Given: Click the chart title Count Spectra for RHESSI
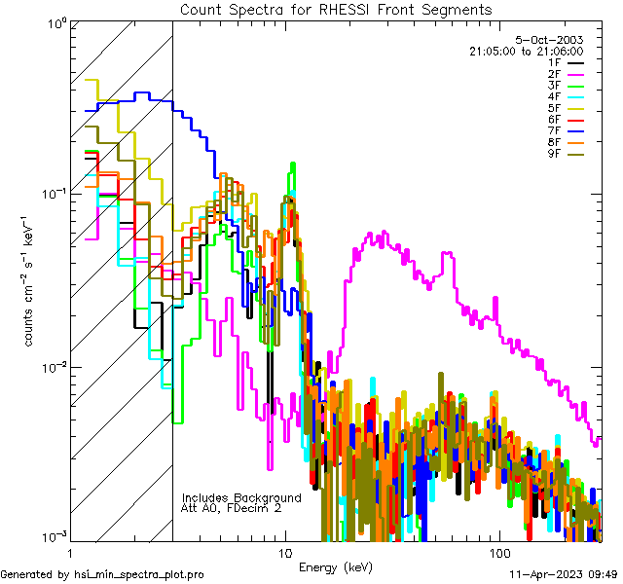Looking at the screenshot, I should [336, 9].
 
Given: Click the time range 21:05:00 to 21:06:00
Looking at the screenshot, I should [526, 51].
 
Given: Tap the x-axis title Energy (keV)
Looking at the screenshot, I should [335, 567].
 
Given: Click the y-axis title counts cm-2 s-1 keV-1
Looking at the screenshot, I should [30, 280].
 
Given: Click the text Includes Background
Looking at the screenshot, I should [241, 497].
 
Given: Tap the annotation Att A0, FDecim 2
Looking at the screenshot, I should [232, 508].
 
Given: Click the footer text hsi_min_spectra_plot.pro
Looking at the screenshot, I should [139, 574].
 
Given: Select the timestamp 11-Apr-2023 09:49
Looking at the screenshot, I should [565, 574].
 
